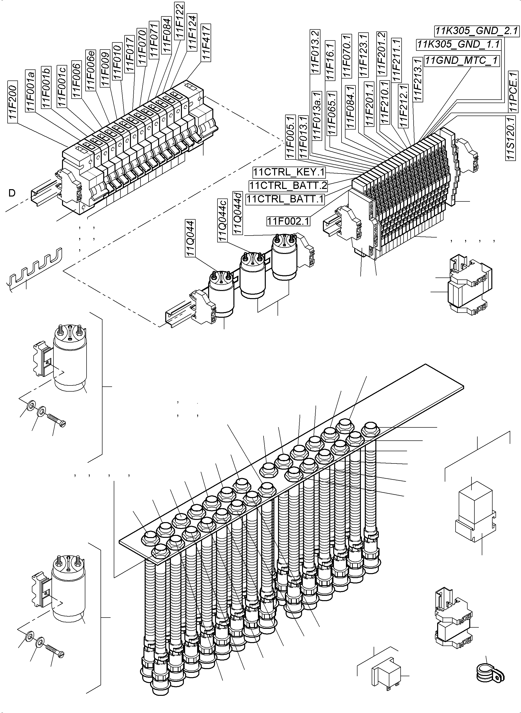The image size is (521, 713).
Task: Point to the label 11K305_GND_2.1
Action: point(476,31)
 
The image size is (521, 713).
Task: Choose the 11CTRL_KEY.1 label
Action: point(289,172)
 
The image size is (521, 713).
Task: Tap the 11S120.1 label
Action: point(510,138)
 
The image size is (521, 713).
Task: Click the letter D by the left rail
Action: point(12,193)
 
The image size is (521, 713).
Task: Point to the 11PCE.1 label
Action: point(513,92)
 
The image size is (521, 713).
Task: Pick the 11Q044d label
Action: point(238,213)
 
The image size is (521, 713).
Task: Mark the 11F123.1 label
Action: point(364,55)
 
